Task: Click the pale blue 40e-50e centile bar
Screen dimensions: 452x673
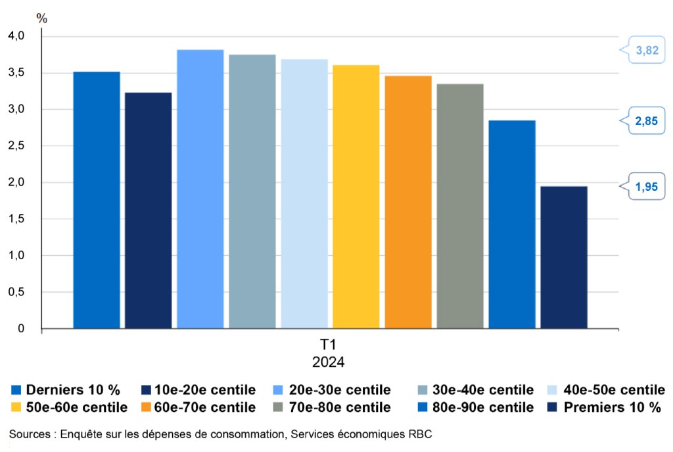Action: [x=304, y=193]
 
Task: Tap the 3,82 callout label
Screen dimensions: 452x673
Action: [x=647, y=51]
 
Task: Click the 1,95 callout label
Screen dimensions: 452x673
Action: [x=647, y=187]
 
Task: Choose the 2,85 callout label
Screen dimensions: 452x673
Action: [x=647, y=120]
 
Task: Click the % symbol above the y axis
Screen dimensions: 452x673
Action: [x=42, y=18]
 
